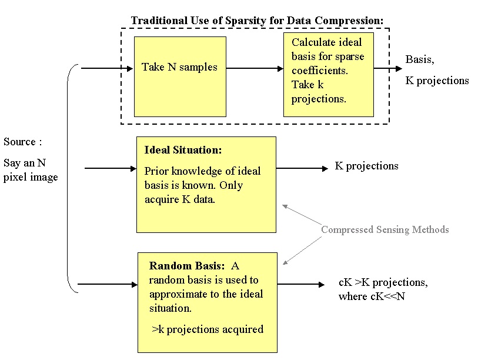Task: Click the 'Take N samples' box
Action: point(180,76)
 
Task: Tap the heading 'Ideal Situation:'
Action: point(183,151)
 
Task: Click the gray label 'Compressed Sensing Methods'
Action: point(385,229)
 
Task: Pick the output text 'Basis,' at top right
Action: point(419,59)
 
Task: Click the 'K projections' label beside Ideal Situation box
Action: point(366,166)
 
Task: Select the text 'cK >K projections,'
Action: point(383,282)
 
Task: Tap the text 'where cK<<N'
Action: point(372,296)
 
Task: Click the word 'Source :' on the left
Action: point(23,142)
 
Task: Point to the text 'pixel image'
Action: point(31,177)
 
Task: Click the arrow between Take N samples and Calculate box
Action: point(255,68)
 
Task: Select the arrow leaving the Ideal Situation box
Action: point(302,169)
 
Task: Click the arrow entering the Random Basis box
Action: point(108,285)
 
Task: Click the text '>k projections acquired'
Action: point(208,329)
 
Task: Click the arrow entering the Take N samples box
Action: point(107,68)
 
